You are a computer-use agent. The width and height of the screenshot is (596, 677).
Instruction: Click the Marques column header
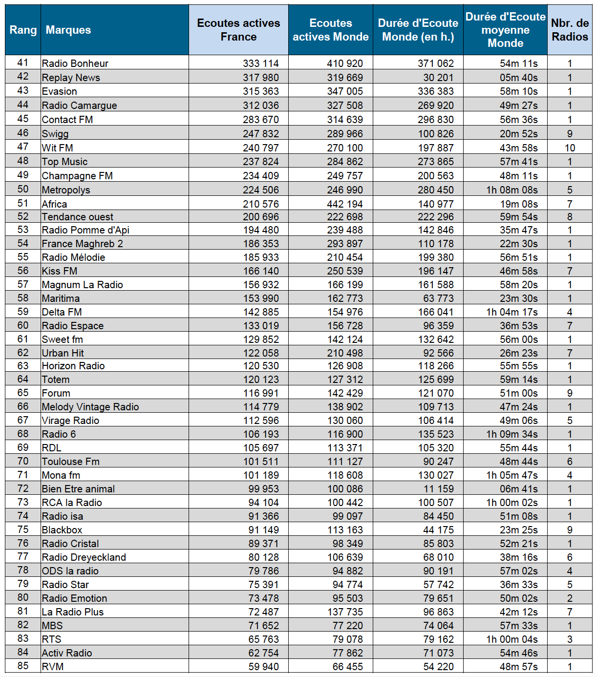[68, 30]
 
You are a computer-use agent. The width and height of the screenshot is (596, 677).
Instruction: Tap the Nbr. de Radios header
[570, 30]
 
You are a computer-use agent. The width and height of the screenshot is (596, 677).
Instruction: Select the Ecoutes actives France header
[238, 30]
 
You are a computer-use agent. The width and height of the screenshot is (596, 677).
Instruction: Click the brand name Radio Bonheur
[75, 63]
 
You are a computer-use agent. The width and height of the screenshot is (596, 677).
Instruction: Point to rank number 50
[23, 189]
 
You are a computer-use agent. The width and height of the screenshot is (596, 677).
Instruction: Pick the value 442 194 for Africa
[345, 204]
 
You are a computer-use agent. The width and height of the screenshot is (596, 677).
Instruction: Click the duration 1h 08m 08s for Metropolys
[512, 190]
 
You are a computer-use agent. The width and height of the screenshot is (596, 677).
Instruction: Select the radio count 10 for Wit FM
[570, 148]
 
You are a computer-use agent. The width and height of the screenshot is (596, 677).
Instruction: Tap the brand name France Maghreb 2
[83, 244]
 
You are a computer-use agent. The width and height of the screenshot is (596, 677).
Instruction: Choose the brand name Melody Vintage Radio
[90, 407]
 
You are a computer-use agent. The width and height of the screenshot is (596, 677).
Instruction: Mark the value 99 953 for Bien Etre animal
[263, 489]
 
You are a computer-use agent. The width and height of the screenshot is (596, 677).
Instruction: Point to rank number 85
[23, 666]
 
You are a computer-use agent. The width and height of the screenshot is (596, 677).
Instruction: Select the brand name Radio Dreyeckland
[84, 557]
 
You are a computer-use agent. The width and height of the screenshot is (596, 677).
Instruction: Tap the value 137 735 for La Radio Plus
[345, 612]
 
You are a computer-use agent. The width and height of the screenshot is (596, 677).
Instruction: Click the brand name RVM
[53, 667]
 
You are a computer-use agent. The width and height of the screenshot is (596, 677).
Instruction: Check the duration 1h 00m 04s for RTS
[512, 639]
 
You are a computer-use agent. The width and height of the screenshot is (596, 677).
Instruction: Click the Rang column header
[23, 30]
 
